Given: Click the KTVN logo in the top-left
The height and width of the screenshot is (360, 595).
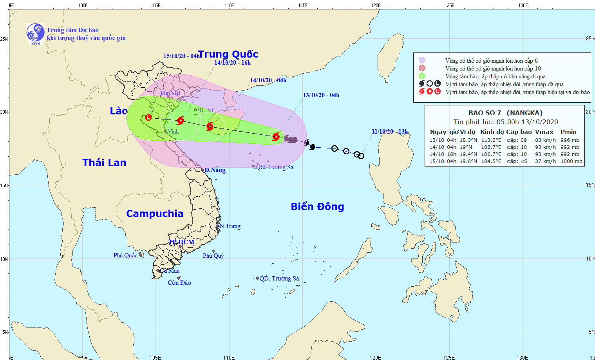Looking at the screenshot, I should [35, 33].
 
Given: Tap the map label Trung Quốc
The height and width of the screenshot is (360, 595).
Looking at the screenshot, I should [228, 54].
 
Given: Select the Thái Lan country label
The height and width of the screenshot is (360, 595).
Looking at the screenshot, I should [104, 163].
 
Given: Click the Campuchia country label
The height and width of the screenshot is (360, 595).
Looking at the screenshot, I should [155, 213].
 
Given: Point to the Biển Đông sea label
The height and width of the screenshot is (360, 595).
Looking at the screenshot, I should [317, 206].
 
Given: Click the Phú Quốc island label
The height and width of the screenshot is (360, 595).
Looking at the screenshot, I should [125, 255].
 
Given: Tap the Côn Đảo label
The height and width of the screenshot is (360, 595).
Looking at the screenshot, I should [179, 282].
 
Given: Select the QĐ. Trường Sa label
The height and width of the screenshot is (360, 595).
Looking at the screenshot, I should [279, 279].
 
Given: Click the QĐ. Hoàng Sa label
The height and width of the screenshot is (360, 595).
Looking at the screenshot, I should [275, 167].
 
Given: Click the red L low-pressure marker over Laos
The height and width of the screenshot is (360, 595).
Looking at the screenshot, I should [148, 118].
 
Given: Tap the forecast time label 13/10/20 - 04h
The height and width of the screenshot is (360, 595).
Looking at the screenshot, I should [321, 95].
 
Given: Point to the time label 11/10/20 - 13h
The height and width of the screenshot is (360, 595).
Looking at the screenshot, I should [390, 132].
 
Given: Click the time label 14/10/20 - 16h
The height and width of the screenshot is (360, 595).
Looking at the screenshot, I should [232, 63].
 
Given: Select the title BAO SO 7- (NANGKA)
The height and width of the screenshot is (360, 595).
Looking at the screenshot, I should [505, 113].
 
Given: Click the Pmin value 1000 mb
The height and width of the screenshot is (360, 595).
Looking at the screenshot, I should [571, 161].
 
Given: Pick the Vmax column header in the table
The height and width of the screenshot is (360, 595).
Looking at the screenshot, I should [544, 132].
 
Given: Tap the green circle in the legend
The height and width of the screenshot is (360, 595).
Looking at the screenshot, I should [422, 76].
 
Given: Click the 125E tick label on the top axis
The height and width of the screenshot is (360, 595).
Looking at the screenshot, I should [449, 5].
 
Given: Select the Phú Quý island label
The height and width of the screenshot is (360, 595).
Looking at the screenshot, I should [213, 256].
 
